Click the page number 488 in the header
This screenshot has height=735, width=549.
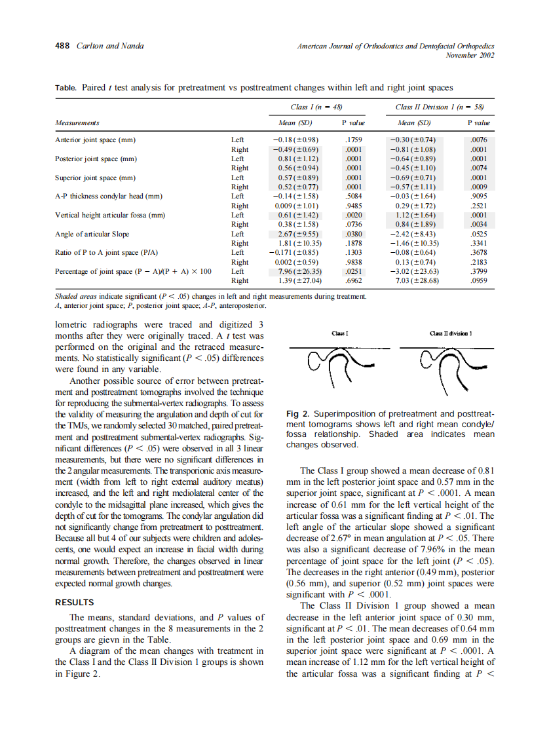tap(62, 46)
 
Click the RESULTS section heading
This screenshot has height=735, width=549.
tap(74, 602)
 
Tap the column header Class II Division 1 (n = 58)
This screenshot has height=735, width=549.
tap(438, 107)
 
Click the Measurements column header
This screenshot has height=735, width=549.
tap(77, 122)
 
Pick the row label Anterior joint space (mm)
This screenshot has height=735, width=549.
tap(95, 140)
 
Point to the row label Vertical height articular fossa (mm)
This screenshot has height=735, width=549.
tap(108, 215)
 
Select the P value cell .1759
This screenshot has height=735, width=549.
tap(353, 140)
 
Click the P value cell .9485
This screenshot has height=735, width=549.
tap(353, 206)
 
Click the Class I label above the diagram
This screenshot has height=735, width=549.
tap(339, 333)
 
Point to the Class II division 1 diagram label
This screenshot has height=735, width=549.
tap(451, 333)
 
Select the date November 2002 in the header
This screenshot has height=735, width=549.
tap(470, 55)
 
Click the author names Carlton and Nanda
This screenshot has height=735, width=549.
tap(111, 46)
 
